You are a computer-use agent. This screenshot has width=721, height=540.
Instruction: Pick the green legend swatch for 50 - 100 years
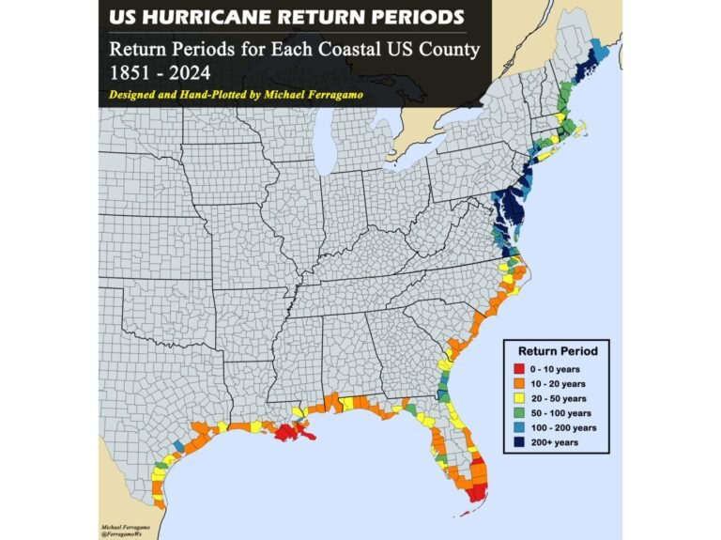pos(517,413)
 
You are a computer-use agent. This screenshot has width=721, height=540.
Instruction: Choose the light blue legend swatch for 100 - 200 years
pos(517,427)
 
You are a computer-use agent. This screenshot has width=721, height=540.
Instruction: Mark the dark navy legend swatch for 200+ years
pos(517,441)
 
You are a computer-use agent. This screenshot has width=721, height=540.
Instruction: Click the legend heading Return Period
pos(553,351)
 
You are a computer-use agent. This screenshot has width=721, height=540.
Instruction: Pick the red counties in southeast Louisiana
pos(290,433)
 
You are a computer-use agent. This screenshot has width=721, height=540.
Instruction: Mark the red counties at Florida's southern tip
pos(477,491)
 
